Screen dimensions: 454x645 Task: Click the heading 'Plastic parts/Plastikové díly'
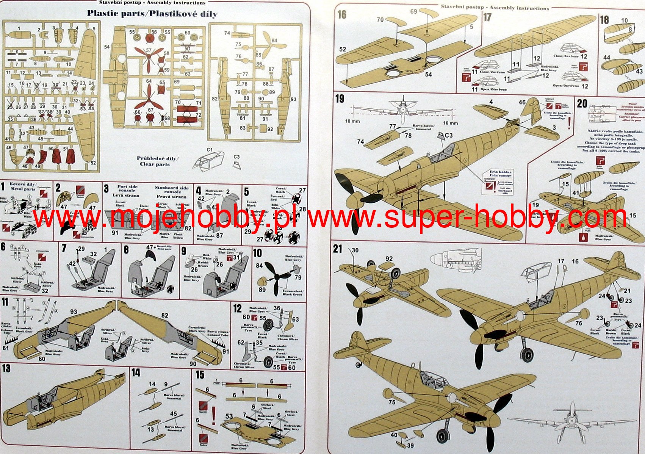(x=152, y=14)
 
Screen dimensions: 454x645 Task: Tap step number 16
(x=342, y=15)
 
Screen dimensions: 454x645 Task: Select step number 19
(x=340, y=99)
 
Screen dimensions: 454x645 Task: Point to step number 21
(x=337, y=249)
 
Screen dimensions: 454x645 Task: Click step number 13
(x=6, y=368)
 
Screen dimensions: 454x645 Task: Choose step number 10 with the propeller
(x=257, y=253)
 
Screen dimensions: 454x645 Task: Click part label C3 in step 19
(x=449, y=135)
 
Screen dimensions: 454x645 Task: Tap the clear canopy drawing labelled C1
(x=207, y=161)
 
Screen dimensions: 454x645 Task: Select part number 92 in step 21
(x=389, y=259)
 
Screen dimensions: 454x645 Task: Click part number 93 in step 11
(x=74, y=312)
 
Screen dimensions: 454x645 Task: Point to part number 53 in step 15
(x=229, y=416)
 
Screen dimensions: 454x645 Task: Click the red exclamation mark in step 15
(x=213, y=415)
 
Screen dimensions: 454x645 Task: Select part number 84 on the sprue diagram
(x=274, y=41)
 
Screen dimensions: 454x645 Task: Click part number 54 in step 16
(x=428, y=75)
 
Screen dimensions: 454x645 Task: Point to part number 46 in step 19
(x=522, y=102)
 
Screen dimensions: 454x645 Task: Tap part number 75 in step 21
(x=392, y=402)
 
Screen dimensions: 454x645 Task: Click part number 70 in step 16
(x=380, y=20)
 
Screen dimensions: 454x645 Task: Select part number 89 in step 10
(x=262, y=290)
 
